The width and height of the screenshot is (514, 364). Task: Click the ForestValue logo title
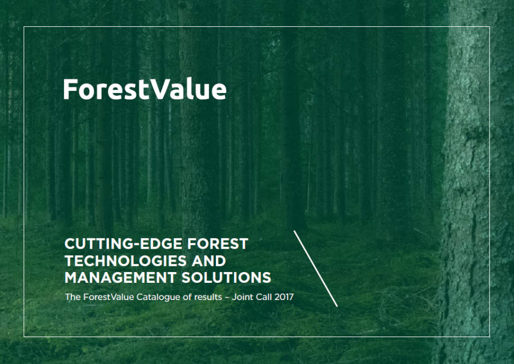(x=144, y=89)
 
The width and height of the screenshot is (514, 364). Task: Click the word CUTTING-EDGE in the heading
(x=123, y=244)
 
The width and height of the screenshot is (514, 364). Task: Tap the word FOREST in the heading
(x=218, y=244)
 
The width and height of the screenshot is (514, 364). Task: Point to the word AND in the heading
(x=209, y=261)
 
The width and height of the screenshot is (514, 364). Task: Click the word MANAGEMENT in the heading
(x=121, y=278)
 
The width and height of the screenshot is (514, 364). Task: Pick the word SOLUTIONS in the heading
(x=227, y=278)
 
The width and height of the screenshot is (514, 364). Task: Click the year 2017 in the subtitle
(x=284, y=297)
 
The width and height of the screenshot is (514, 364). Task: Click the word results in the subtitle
(x=208, y=297)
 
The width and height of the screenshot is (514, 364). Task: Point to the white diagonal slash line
(x=316, y=269)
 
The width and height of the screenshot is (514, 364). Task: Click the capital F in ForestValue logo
(x=70, y=89)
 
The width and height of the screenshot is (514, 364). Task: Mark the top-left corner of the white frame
(x=24, y=26)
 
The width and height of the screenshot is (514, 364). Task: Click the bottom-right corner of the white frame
(x=490, y=337)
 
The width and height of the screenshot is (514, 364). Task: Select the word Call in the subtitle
(x=264, y=297)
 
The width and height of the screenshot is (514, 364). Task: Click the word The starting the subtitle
(x=73, y=297)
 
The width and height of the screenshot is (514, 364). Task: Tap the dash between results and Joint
(x=227, y=298)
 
